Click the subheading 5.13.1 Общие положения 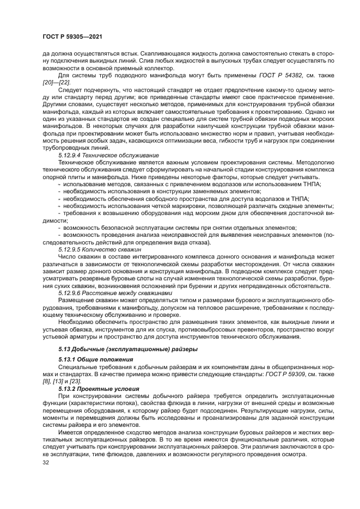click(x=89, y=360)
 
